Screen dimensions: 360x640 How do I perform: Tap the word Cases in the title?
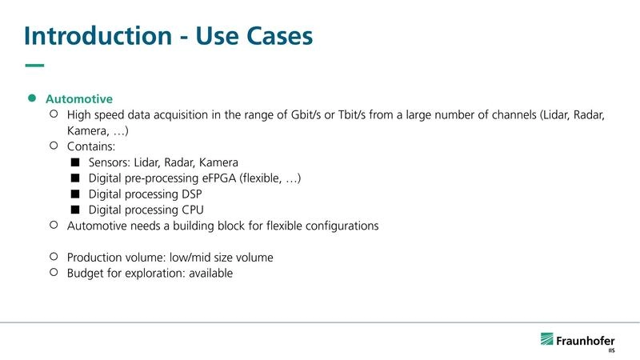(x=274, y=36)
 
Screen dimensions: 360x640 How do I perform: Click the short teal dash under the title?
(x=34, y=66)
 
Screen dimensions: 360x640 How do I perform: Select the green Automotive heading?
(x=78, y=99)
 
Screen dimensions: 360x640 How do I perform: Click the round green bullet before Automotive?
(x=33, y=98)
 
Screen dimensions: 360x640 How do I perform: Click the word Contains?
(x=92, y=146)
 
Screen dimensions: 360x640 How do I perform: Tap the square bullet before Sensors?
(x=75, y=162)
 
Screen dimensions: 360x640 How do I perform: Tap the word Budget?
(x=86, y=274)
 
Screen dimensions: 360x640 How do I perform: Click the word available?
(x=206, y=274)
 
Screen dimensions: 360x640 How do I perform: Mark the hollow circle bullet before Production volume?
(x=54, y=257)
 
